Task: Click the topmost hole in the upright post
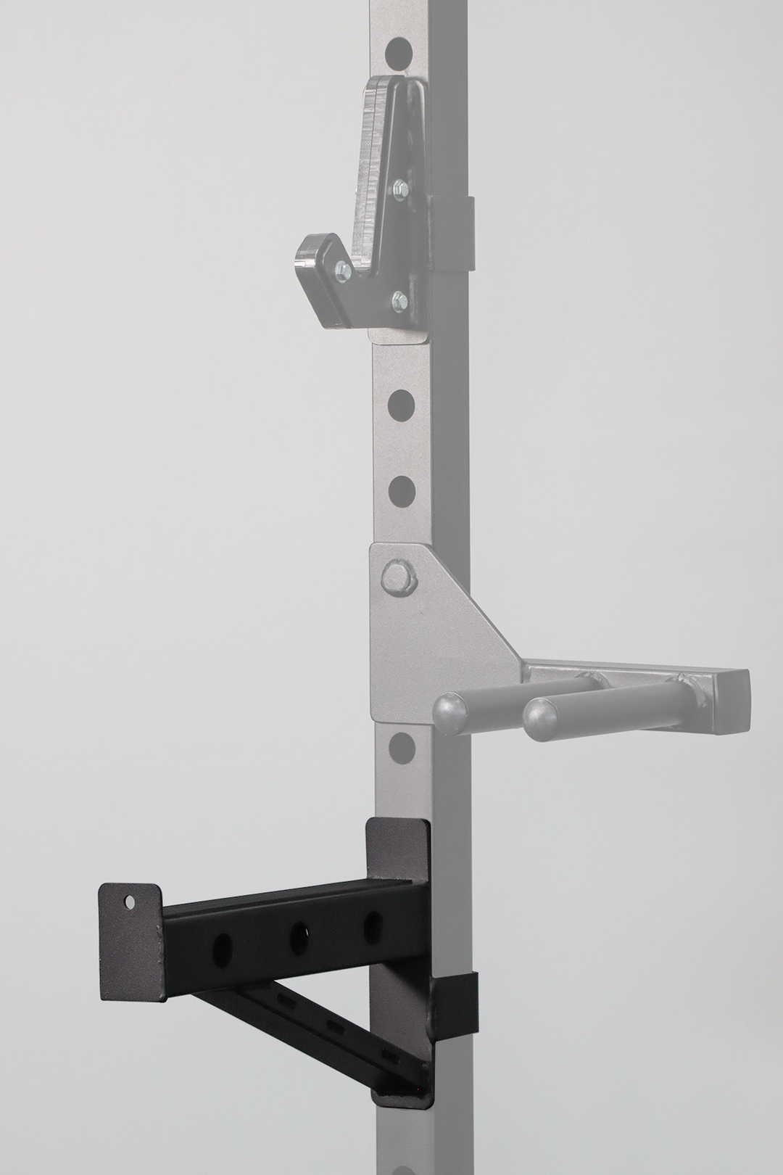tap(399, 51)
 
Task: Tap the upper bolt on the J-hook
tap(398, 190)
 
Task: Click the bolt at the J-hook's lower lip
tap(344, 272)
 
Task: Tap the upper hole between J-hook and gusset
tap(399, 405)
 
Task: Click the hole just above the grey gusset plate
tap(399, 491)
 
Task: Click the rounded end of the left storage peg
tap(449, 711)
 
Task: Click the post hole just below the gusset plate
tap(399, 746)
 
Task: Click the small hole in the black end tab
tap(130, 902)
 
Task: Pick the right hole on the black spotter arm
tap(373, 923)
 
